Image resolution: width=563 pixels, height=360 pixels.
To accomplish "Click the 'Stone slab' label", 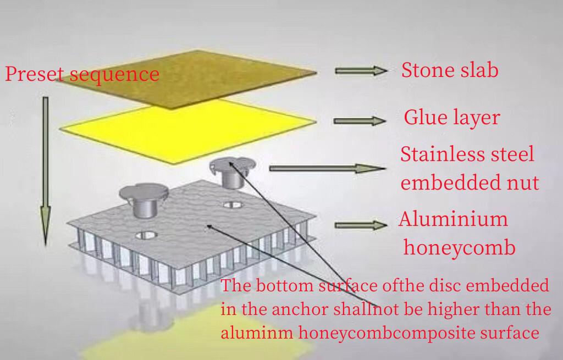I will [450, 71].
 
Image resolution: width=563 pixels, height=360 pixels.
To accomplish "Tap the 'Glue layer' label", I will [451, 118].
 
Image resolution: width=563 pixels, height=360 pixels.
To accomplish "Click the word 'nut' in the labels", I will [522, 182].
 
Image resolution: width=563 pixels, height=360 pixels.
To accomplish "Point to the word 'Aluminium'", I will [453, 219].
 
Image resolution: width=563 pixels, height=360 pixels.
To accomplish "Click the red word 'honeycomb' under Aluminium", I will [460, 247].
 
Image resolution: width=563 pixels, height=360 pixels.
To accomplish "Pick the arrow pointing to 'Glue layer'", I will [360, 121].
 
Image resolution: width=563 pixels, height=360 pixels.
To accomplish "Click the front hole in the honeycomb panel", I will [147, 235].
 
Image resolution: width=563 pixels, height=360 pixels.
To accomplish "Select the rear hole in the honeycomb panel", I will [233, 205].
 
